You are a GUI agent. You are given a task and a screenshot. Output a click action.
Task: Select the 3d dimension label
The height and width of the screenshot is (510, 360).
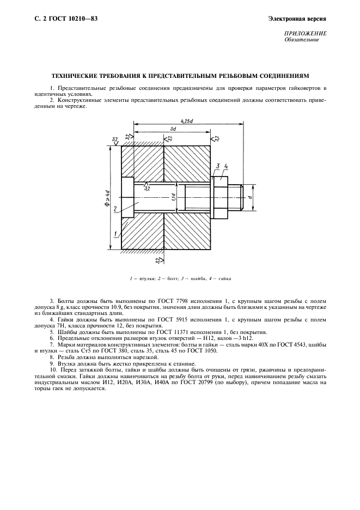(173, 129)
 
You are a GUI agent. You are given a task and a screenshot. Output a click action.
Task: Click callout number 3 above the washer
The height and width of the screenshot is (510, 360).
(217, 165)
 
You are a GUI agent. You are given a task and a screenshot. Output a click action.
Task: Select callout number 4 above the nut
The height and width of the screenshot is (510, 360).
(226, 165)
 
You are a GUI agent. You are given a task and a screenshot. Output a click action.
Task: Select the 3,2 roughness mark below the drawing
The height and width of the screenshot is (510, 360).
(158, 261)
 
